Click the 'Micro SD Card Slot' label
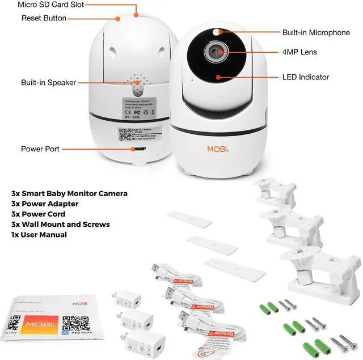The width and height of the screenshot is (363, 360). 50,5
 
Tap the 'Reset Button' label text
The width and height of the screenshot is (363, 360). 44,18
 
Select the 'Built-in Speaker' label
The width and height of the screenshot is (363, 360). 48,83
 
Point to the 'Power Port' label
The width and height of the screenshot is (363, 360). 40,149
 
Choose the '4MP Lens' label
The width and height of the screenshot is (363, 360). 299,52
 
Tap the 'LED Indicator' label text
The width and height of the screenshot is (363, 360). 305,77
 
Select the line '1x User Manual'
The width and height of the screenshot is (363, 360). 39,235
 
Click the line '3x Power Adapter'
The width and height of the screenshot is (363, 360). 45,204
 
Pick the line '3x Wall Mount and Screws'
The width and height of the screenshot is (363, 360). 61,225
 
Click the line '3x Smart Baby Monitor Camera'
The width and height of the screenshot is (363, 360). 69,194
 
